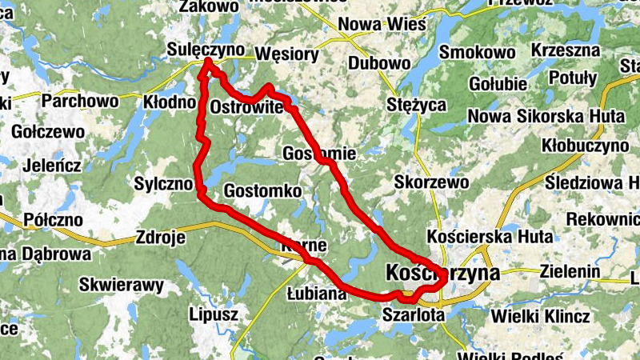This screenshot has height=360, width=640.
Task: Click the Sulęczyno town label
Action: click(206, 50)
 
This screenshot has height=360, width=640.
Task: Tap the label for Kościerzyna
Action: click(442, 274)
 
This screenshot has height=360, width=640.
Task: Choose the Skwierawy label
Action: click(121, 284)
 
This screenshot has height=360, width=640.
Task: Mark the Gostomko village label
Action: click(262, 191)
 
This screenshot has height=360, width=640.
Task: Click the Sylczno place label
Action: click(164, 183)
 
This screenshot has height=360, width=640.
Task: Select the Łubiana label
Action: click(315, 294)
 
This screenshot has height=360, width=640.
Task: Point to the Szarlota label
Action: click(413, 314)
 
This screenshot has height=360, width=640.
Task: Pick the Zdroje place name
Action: click(161, 238)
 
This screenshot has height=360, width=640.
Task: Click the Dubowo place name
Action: click(373, 62)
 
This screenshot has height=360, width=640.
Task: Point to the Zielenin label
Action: click(570, 272)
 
